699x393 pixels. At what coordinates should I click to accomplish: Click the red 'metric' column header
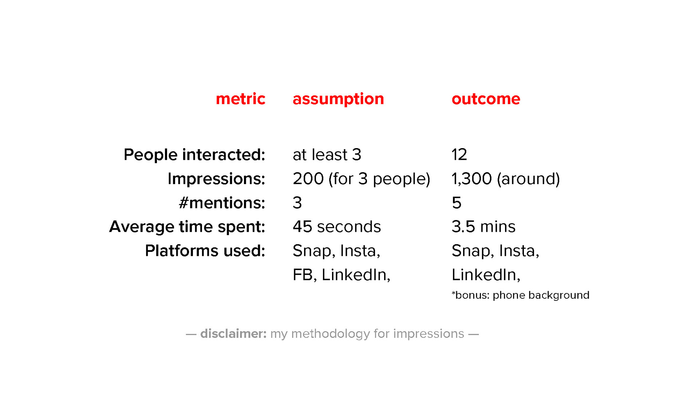(241, 99)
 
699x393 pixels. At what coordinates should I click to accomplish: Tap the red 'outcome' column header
(486, 99)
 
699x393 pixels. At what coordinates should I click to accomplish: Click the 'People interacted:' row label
(194, 155)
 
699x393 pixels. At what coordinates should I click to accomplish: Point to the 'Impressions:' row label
(216, 179)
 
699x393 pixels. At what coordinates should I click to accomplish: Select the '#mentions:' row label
(222, 203)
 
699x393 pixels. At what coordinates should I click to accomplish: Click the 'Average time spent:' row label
(187, 227)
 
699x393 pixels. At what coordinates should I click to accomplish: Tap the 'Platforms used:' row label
(205, 251)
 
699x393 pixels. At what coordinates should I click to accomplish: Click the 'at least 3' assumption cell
(327, 155)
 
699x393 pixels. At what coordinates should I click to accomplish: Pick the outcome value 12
(459, 155)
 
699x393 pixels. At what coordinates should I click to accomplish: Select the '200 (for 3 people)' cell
(362, 179)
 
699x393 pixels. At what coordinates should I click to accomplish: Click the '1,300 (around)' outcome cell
(506, 179)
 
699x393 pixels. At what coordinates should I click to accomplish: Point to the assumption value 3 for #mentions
(297, 203)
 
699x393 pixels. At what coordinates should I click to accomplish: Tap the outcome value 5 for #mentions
(457, 203)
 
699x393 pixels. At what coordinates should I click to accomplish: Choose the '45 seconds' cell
(337, 227)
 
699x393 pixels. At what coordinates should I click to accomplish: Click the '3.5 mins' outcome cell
(483, 227)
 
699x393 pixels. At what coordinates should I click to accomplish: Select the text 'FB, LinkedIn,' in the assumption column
(341, 275)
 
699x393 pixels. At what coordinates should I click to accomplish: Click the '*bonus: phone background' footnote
(521, 295)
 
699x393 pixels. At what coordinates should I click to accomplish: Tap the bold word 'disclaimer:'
(233, 334)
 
